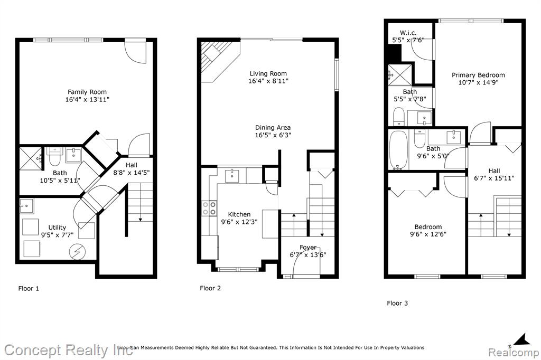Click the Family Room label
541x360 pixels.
(87, 92)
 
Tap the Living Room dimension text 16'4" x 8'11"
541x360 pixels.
(268, 81)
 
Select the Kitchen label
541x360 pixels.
(239, 214)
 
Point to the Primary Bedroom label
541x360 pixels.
(478, 75)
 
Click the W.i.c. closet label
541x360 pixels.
(408, 33)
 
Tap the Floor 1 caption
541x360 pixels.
(29, 289)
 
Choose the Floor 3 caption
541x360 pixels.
(397, 304)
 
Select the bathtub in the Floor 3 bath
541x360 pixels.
(398, 150)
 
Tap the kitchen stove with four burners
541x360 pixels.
(209, 208)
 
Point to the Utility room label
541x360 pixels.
(57, 228)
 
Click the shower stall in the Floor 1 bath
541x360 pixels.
(30, 158)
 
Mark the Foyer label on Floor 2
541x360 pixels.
(308, 248)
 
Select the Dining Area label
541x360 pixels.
(273, 128)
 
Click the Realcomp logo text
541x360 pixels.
(514, 353)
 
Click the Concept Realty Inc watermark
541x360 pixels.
(68, 350)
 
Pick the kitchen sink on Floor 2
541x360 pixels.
(232, 176)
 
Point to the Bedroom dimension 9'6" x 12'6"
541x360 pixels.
(428, 234)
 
